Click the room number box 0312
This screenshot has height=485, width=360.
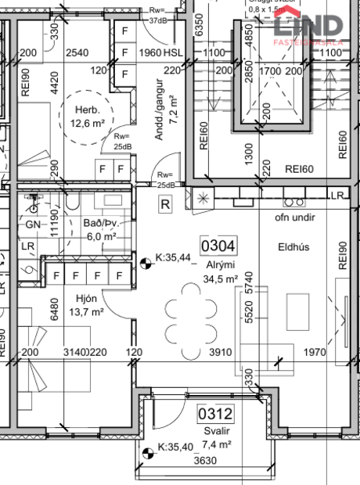(x=213, y=412)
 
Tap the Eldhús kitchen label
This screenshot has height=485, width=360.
(x=293, y=246)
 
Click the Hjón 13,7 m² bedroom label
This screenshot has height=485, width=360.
(x=87, y=304)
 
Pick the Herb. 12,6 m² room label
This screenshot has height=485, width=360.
(x=88, y=116)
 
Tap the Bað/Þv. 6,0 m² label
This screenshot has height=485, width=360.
(x=100, y=229)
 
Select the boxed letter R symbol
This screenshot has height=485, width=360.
(x=165, y=205)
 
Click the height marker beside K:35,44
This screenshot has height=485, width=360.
(x=146, y=264)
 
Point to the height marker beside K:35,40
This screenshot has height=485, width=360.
(x=148, y=451)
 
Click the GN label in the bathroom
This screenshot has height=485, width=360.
(x=33, y=224)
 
